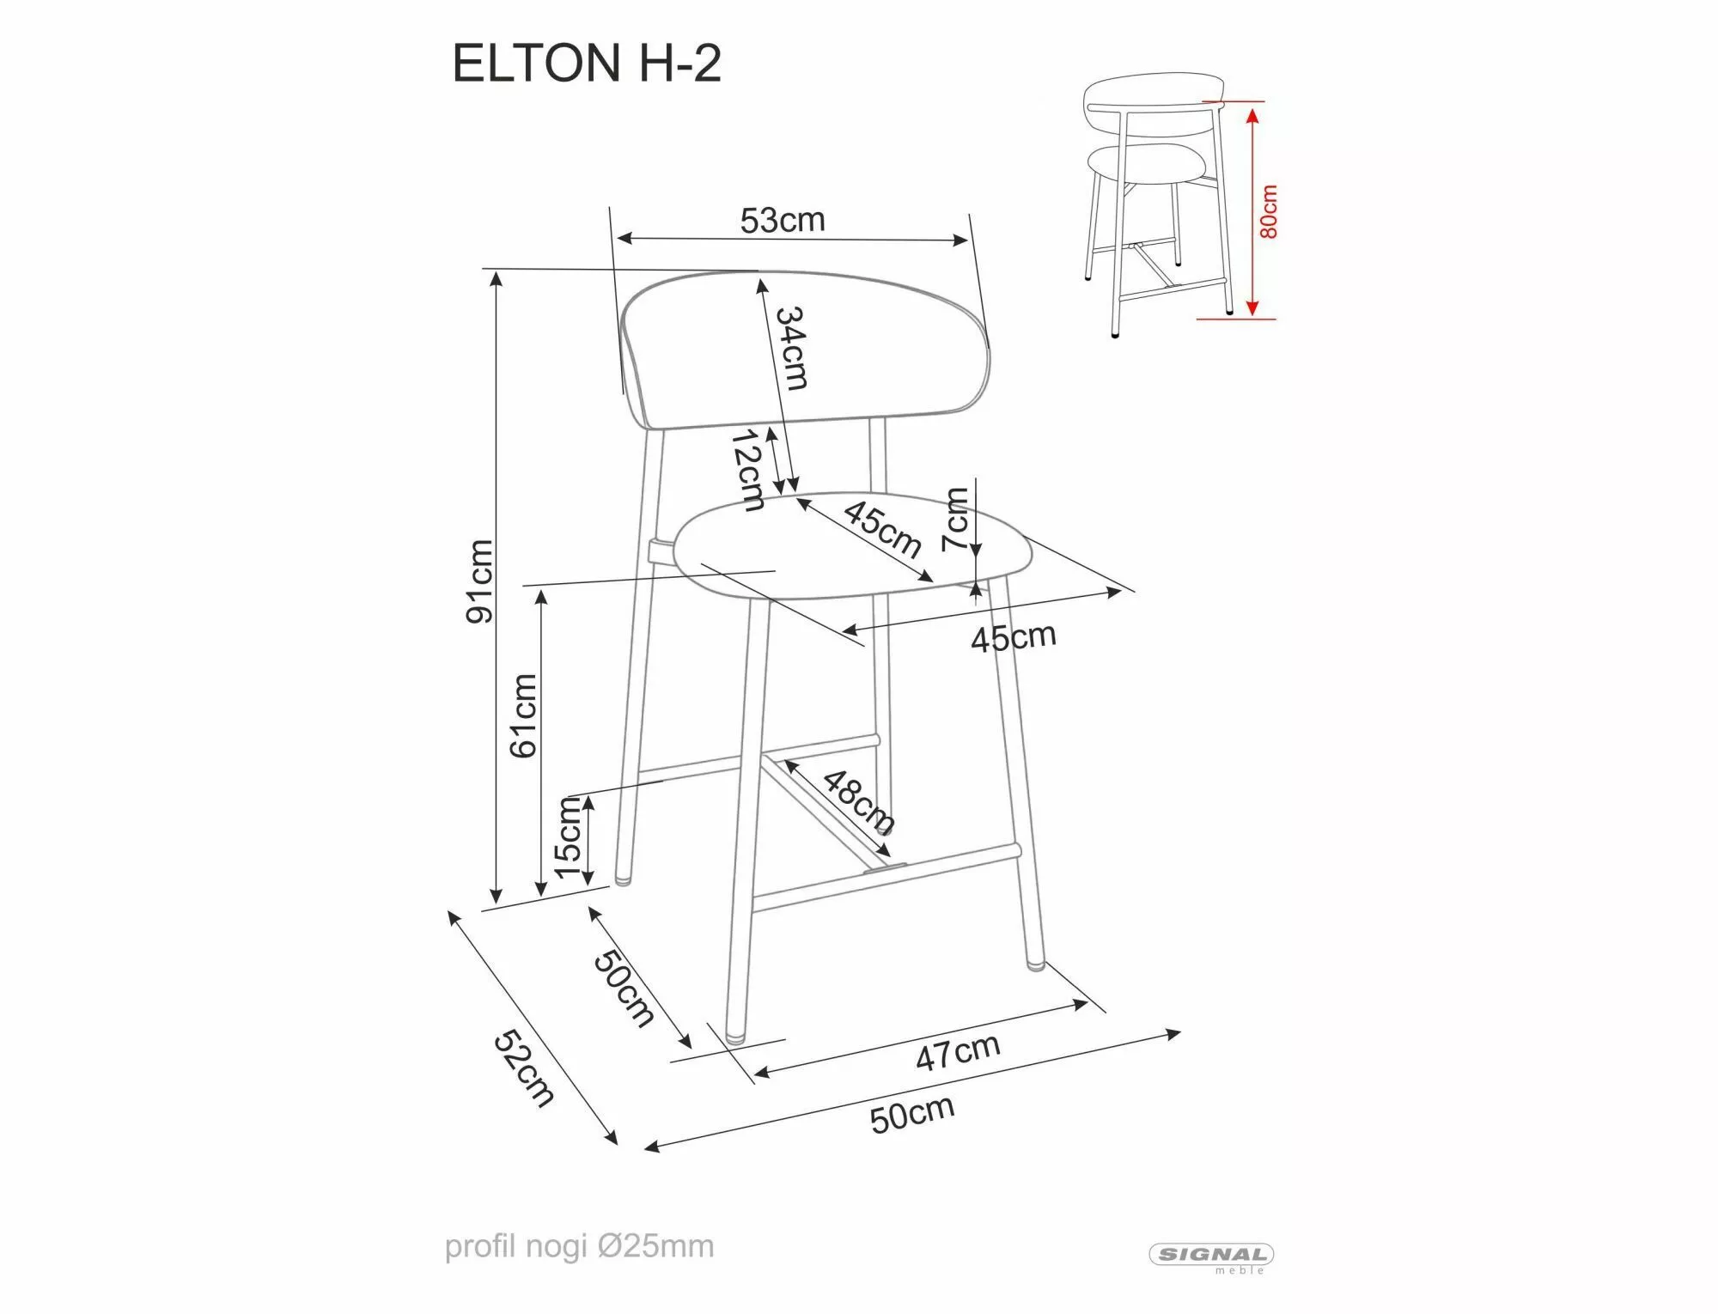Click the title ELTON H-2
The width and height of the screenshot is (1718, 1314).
pyautogui.click(x=586, y=64)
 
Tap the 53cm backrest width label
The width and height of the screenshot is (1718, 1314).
pyautogui.click(x=782, y=221)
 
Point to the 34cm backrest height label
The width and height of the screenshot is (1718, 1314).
pyautogui.click(x=791, y=348)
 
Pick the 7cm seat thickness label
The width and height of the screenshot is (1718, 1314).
pyautogui.click(x=955, y=519)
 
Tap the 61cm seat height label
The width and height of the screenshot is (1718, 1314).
pyautogui.click(x=523, y=715)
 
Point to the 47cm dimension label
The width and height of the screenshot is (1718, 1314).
pyautogui.click(x=957, y=1052)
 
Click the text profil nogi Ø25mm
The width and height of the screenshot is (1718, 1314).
pyautogui.click(x=579, y=1246)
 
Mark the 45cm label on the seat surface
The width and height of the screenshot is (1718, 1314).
pyautogui.click(x=881, y=528)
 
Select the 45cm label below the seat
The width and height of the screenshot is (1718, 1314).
pyautogui.click(x=1013, y=637)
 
